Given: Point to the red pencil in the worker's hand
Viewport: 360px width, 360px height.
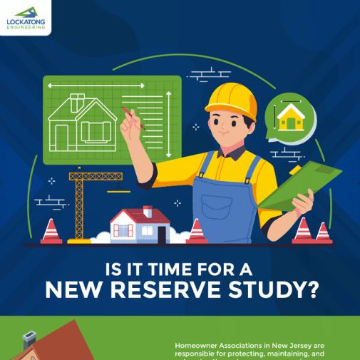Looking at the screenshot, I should [133, 119].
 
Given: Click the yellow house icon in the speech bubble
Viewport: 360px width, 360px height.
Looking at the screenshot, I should [290, 118].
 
